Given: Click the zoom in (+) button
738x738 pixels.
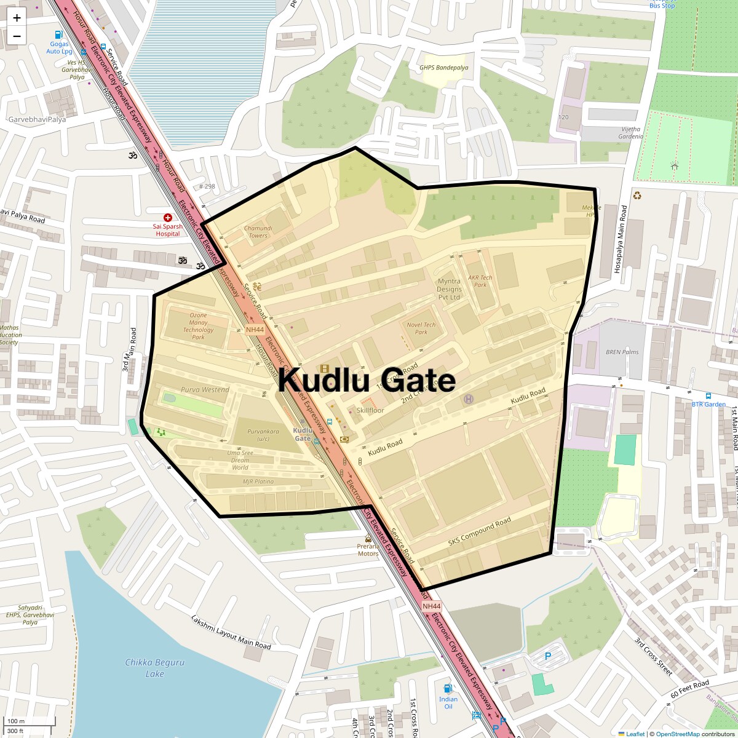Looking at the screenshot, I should click(17, 18).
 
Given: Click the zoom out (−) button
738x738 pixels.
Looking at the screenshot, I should click(17, 36).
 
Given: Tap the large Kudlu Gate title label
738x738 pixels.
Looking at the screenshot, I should click(367, 379).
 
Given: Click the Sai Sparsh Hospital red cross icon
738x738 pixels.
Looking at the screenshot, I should click(167, 218).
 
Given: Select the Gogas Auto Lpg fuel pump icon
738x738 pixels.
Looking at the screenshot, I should click(59, 35).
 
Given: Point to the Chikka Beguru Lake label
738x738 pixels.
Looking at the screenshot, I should click(154, 668).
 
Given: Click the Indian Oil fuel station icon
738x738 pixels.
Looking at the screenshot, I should click(448, 688).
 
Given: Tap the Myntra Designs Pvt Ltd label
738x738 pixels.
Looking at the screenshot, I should click(449, 289).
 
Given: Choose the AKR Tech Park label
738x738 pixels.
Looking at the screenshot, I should click(480, 281).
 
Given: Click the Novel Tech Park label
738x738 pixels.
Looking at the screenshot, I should click(421, 328).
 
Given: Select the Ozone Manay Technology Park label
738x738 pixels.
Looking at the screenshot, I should click(198, 326).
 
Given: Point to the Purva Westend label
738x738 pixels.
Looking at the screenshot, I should click(205, 389).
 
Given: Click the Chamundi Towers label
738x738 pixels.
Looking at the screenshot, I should click(258, 231).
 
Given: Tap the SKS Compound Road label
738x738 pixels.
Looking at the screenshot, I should click(479, 532).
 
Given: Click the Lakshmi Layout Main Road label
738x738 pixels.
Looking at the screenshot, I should click(231, 632).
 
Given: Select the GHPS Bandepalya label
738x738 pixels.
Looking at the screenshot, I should click(443, 68).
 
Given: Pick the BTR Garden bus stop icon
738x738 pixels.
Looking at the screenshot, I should click(708, 396).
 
